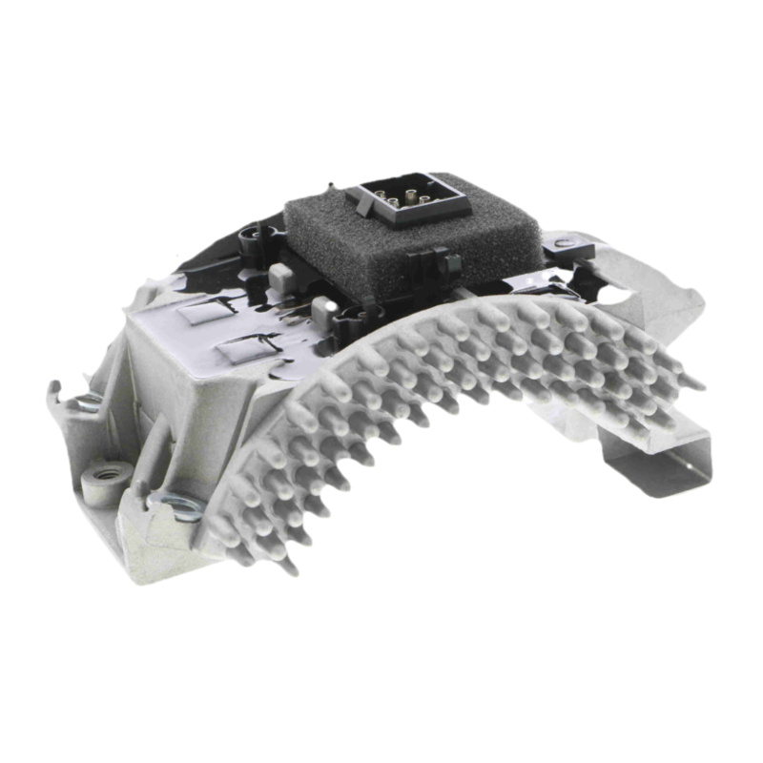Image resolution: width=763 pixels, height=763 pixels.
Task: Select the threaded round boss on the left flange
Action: coord(102,474)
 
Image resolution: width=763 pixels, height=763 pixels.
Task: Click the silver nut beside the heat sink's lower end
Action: coord(181,503)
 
